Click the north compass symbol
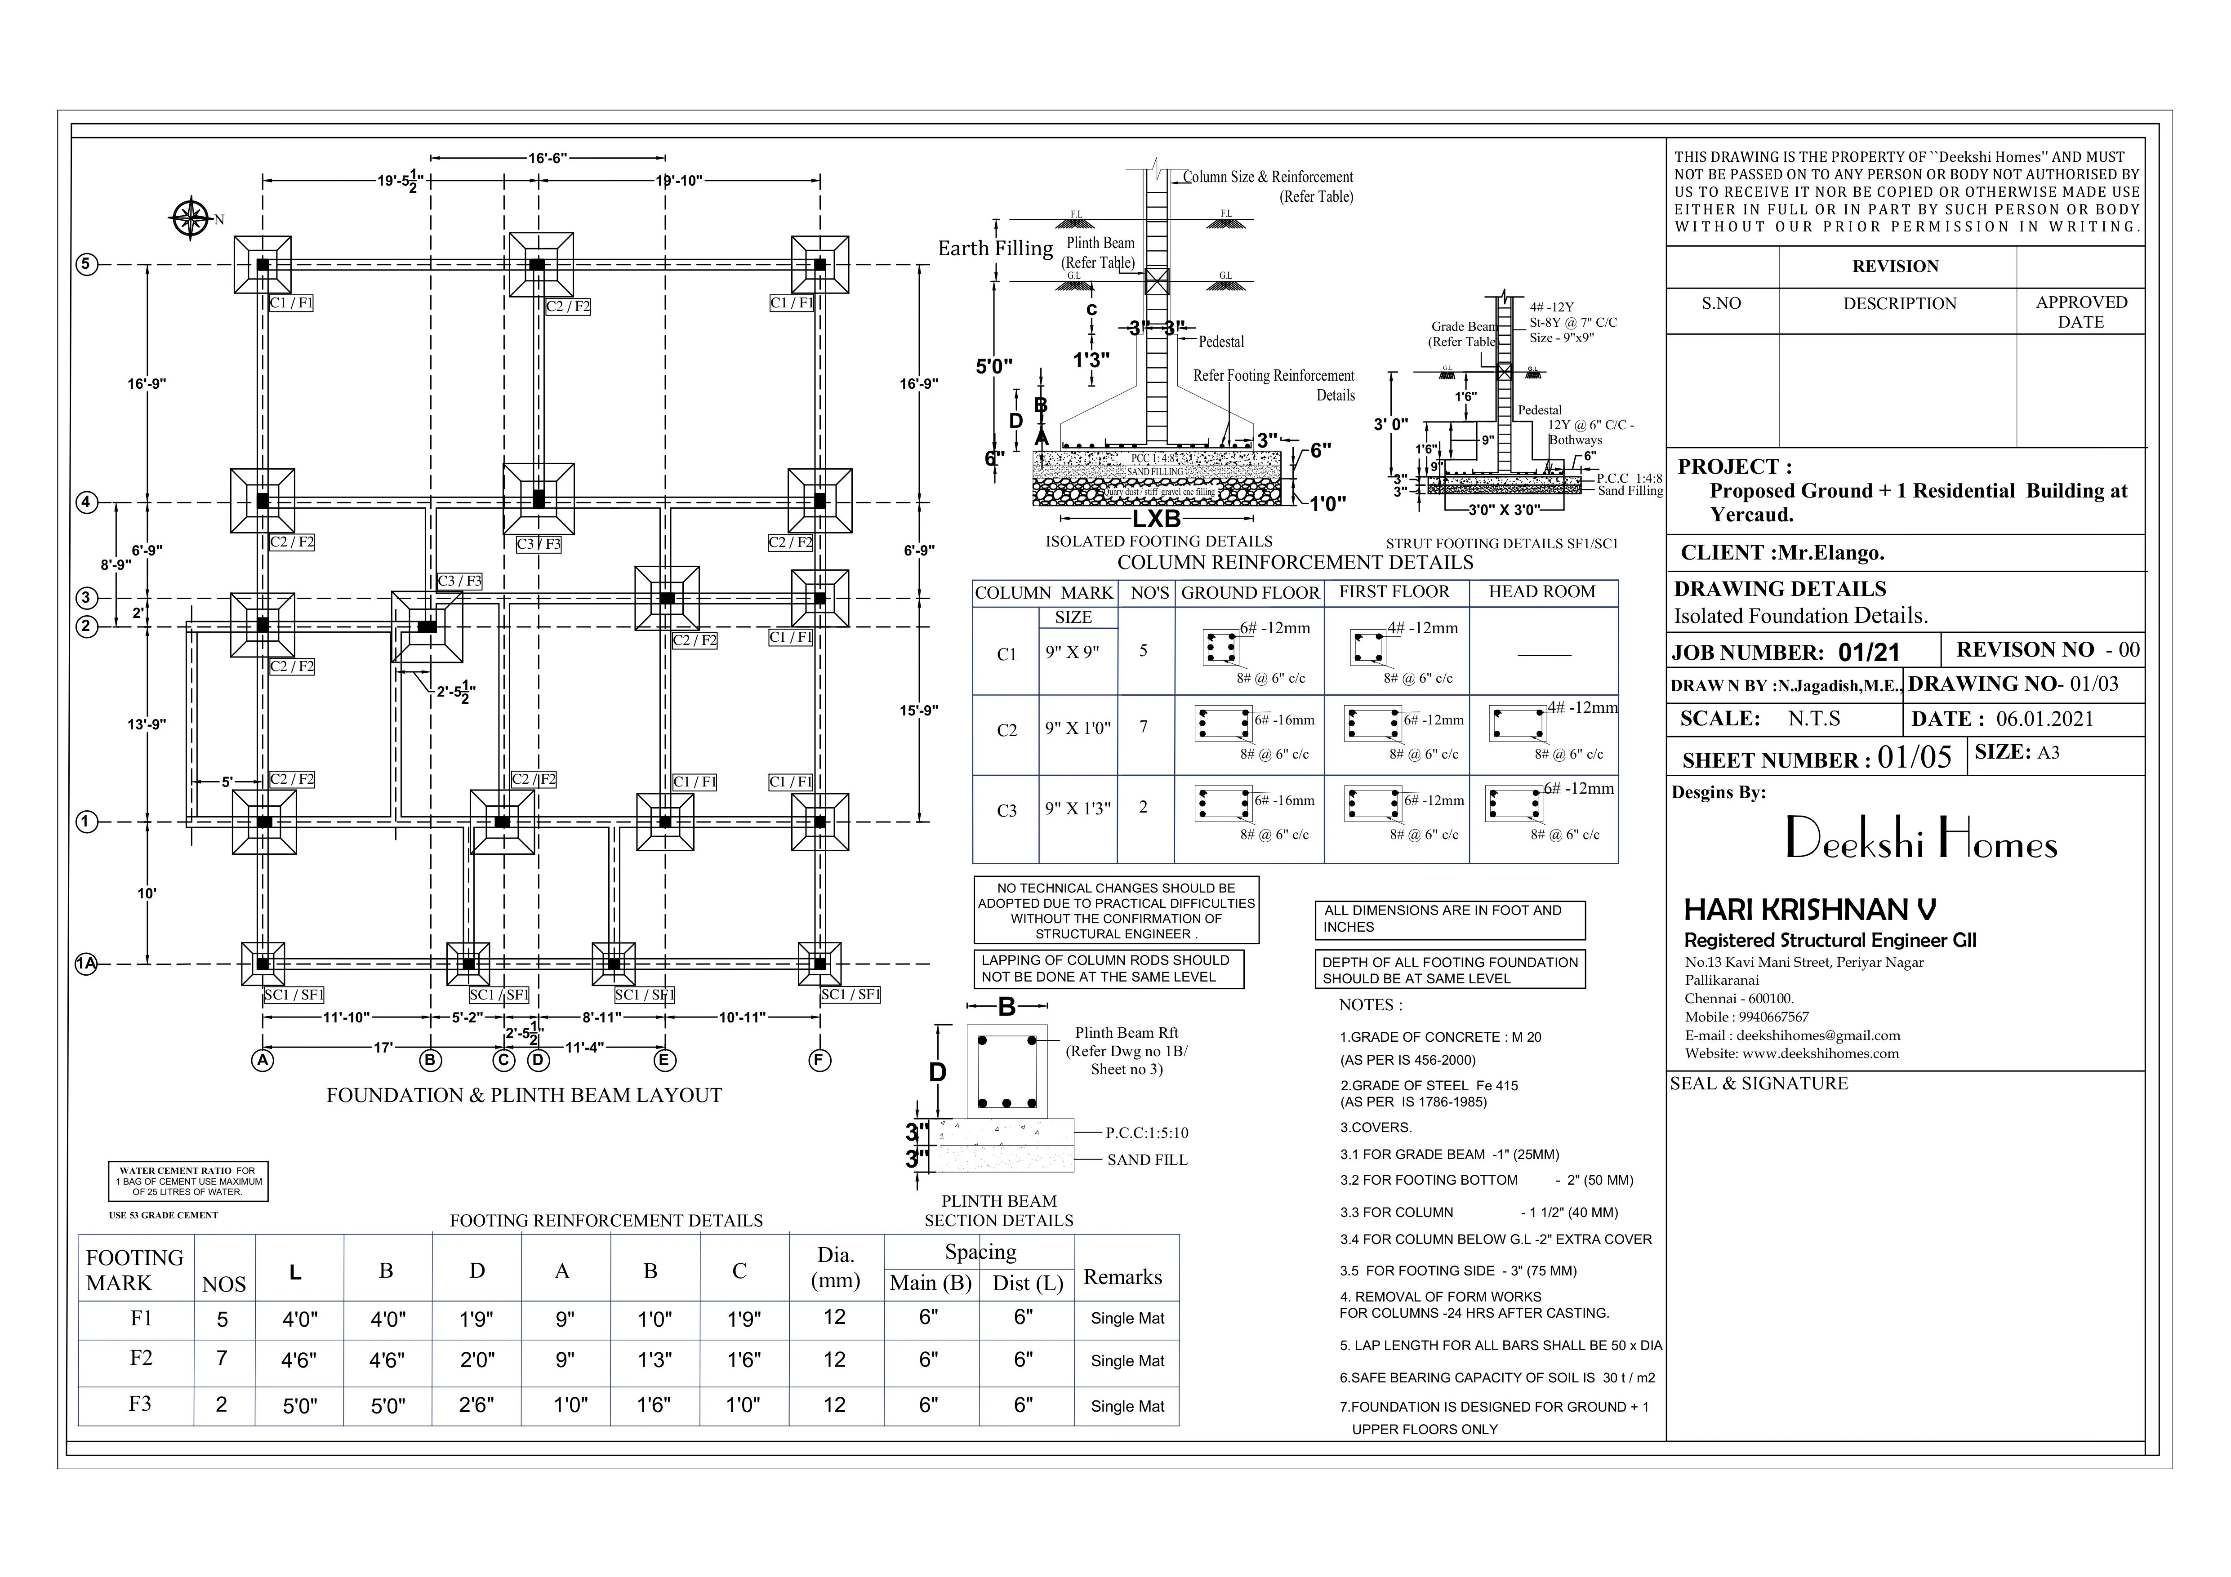[x=191, y=218]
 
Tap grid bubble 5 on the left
[x=86, y=264]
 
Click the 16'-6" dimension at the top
[x=547, y=157]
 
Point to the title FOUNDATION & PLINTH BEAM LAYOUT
[x=524, y=1095]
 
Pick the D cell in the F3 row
[x=476, y=1405]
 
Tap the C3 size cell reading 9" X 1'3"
[x=1078, y=808]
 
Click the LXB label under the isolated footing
[x=1156, y=519]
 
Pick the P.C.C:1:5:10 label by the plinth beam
[x=1147, y=1133]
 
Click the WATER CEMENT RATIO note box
[x=187, y=1182]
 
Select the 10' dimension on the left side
[x=147, y=893]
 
